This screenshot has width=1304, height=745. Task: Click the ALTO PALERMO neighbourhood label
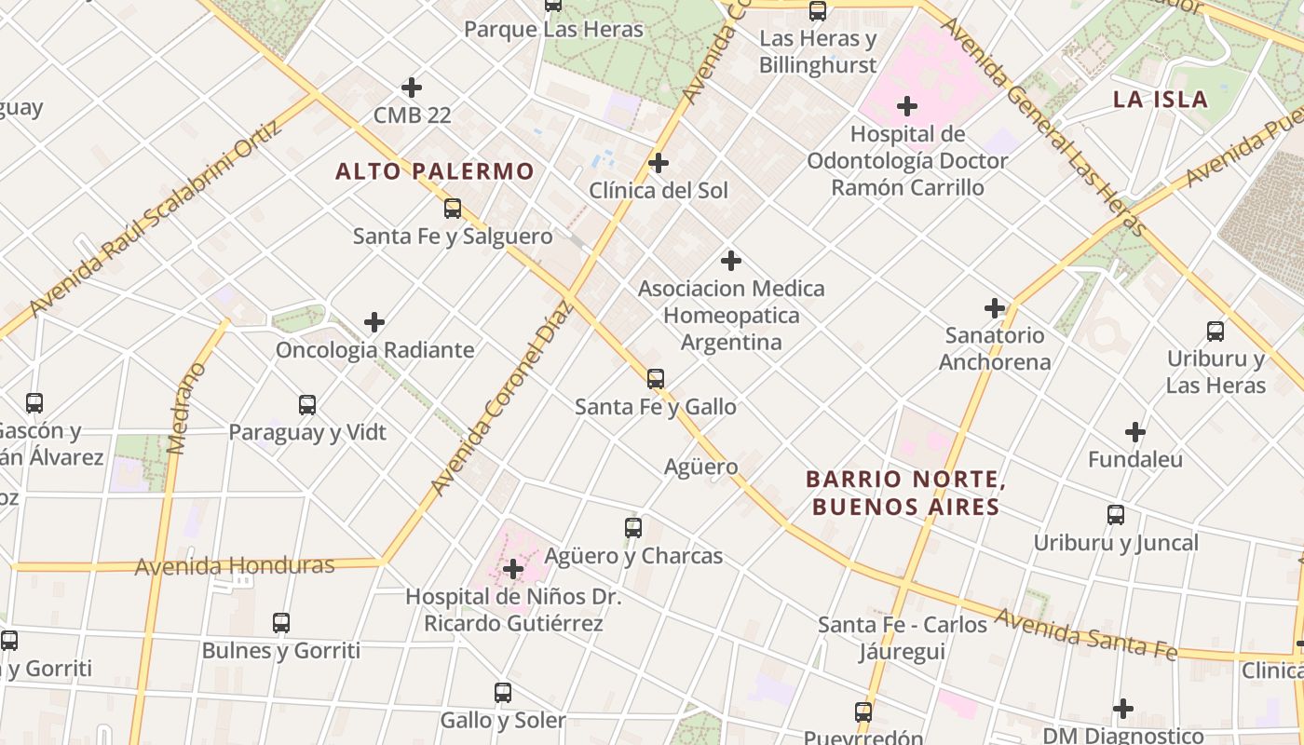(x=434, y=171)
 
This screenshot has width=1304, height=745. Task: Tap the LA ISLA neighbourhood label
(x=1160, y=100)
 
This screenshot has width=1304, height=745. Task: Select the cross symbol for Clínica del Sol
(x=659, y=163)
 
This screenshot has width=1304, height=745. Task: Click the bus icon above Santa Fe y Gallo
(x=656, y=378)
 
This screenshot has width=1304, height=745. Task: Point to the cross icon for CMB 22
(x=412, y=88)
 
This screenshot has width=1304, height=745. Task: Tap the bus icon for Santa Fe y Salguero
(x=453, y=209)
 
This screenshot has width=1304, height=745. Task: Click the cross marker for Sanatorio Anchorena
(x=995, y=307)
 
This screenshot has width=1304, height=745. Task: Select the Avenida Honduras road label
(x=235, y=566)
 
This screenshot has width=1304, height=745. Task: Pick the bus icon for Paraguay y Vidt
(x=307, y=404)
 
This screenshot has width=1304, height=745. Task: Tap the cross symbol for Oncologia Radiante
(x=374, y=322)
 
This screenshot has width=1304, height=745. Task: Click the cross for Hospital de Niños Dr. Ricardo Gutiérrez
(x=512, y=569)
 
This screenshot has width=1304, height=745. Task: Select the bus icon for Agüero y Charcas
(x=633, y=528)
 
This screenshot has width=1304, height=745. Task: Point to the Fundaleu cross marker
(x=1134, y=432)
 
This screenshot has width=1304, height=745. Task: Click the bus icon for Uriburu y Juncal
(x=1116, y=515)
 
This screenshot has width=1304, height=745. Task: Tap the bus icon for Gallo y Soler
(x=503, y=693)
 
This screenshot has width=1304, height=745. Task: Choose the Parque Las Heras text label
(x=553, y=30)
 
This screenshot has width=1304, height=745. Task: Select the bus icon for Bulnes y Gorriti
(x=281, y=623)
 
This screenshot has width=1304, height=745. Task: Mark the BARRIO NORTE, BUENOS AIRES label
(x=903, y=494)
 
